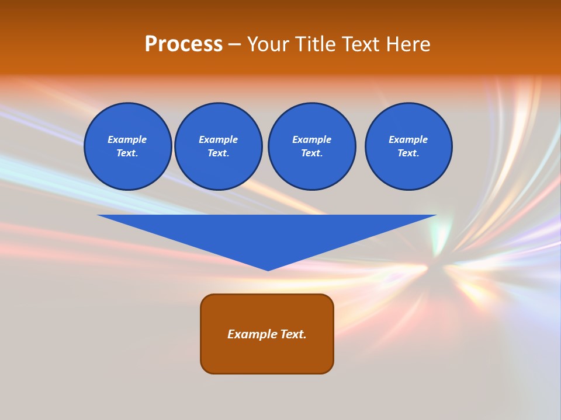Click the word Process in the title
(x=183, y=44)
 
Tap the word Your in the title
(x=269, y=44)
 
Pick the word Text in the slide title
(x=360, y=44)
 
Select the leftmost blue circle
(x=127, y=146)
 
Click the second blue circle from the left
(x=218, y=146)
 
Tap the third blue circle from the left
(x=311, y=146)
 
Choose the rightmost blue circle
(x=408, y=146)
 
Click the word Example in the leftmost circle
(x=127, y=139)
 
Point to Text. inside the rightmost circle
(x=408, y=153)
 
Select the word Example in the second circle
(x=218, y=139)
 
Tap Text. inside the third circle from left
(x=311, y=153)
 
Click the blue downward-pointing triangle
(x=268, y=233)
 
